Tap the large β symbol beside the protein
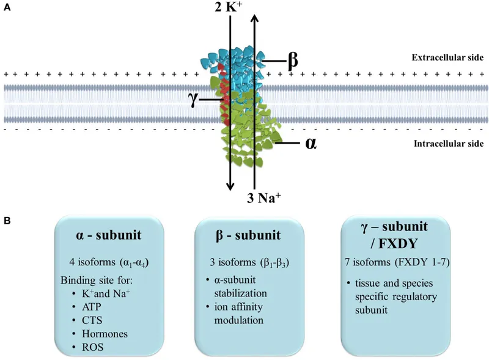292,60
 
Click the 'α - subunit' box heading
107,237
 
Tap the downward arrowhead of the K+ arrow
230,186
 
